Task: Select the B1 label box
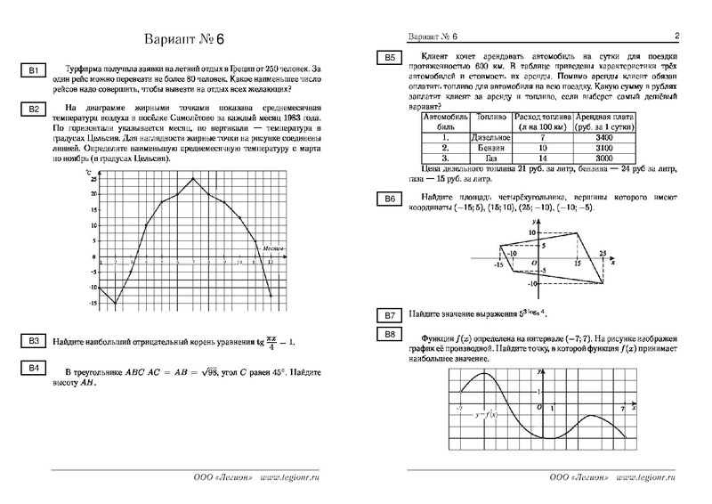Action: (x=32, y=71)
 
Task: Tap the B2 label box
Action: (x=32, y=110)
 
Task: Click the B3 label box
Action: (x=32, y=342)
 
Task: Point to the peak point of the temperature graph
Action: (x=194, y=179)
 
